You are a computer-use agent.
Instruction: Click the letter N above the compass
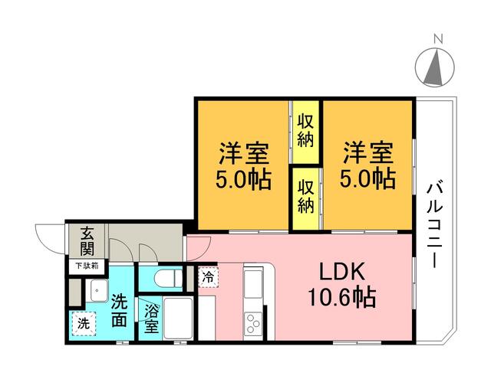pyautogui.click(x=438, y=39)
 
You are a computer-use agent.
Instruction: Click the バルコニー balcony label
pyautogui.click(x=435, y=225)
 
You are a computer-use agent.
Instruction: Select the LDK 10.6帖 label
pyautogui.click(x=342, y=285)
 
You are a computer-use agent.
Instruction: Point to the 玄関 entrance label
pyautogui.click(x=87, y=241)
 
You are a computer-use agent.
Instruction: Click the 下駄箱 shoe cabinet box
pyautogui.click(x=87, y=266)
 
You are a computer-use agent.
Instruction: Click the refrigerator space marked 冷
pyautogui.click(x=208, y=276)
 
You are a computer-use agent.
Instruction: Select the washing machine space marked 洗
pyautogui.click(x=83, y=324)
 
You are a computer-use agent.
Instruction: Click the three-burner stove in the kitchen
pyautogui.click(x=253, y=324)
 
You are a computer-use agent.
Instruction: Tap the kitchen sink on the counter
pyautogui.click(x=253, y=284)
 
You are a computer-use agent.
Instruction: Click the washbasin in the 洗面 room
pyautogui.click(x=97, y=290)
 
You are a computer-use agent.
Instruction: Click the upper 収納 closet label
pyautogui.click(x=305, y=131)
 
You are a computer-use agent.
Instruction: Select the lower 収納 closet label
pyautogui.click(x=305, y=197)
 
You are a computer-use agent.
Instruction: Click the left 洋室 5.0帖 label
pyautogui.click(x=243, y=166)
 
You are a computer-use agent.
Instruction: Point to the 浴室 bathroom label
pyautogui.click(x=152, y=318)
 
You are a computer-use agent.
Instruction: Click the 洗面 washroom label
pyautogui.click(x=120, y=310)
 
